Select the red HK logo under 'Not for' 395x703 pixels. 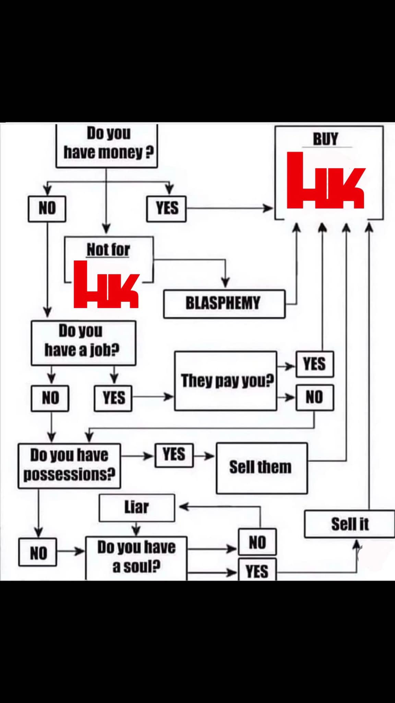pyautogui.click(x=106, y=285)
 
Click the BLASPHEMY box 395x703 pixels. pyautogui.click(x=224, y=304)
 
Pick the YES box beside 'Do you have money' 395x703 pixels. pyautogui.click(x=167, y=208)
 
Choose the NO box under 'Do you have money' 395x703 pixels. pyautogui.click(x=47, y=208)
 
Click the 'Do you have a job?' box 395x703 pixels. pyautogui.click(x=83, y=343)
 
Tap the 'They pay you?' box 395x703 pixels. pyautogui.click(x=226, y=381)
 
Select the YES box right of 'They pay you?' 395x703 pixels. pyautogui.click(x=315, y=364)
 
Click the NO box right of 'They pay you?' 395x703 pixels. pyautogui.click(x=315, y=397)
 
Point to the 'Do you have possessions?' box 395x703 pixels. pyautogui.click(x=69, y=465)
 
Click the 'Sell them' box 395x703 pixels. pyautogui.click(x=261, y=468)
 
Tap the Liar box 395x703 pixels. pyautogui.click(x=136, y=507)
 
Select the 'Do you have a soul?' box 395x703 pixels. pyautogui.click(x=136, y=557)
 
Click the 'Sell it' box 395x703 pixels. pyautogui.click(x=350, y=524)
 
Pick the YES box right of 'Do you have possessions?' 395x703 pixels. pyautogui.click(x=174, y=455)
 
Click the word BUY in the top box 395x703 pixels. pyautogui.click(x=325, y=139)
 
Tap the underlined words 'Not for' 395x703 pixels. pyautogui.click(x=108, y=250)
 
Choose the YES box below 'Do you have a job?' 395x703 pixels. pyautogui.click(x=113, y=398)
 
